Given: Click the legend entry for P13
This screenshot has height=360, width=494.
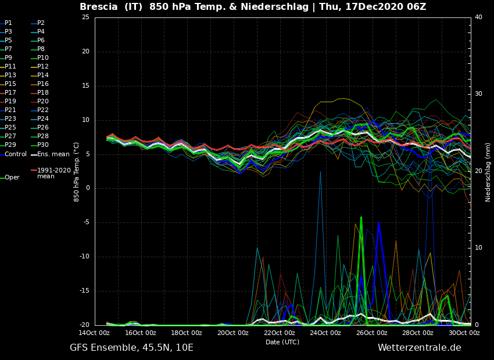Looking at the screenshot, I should (x=10, y=75).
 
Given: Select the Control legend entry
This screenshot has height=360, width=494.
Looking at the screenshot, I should (x=16, y=154).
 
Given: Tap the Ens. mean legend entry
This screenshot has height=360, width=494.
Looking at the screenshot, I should (x=53, y=154).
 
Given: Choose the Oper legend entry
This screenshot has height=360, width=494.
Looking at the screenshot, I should (x=12, y=178).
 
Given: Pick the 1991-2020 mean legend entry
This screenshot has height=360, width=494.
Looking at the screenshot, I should (x=53, y=173).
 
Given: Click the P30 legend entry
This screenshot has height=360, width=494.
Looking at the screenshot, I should (x=43, y=145).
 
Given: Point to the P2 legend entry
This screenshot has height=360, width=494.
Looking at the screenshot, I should (x=41, y=23).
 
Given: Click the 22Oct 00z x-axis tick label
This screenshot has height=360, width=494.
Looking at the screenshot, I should (x=279, y=333).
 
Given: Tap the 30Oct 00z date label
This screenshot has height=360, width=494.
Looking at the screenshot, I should (x=464, y=333).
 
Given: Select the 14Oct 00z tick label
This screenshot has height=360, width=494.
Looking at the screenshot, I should (x=94, y=333).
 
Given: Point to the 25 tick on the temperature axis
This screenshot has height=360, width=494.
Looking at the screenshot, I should (x=85, y=17).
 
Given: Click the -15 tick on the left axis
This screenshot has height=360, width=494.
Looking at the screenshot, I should (x=84, y=291).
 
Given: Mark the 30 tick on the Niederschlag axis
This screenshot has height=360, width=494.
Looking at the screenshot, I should (x=478, y=94).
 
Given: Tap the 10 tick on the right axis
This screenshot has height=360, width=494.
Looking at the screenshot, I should (x=478, y=248).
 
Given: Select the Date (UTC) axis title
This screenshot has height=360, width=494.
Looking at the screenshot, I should (x=282, y=342).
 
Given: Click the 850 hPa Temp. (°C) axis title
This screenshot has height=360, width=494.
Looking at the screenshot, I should (x=77, y=171).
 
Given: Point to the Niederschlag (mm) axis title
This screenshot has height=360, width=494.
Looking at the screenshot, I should (x=488, y=172).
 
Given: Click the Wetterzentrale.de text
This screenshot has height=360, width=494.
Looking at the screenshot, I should (x=419, y=348).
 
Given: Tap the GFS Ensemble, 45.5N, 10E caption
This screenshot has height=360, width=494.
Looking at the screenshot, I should (x=131, y=348).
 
